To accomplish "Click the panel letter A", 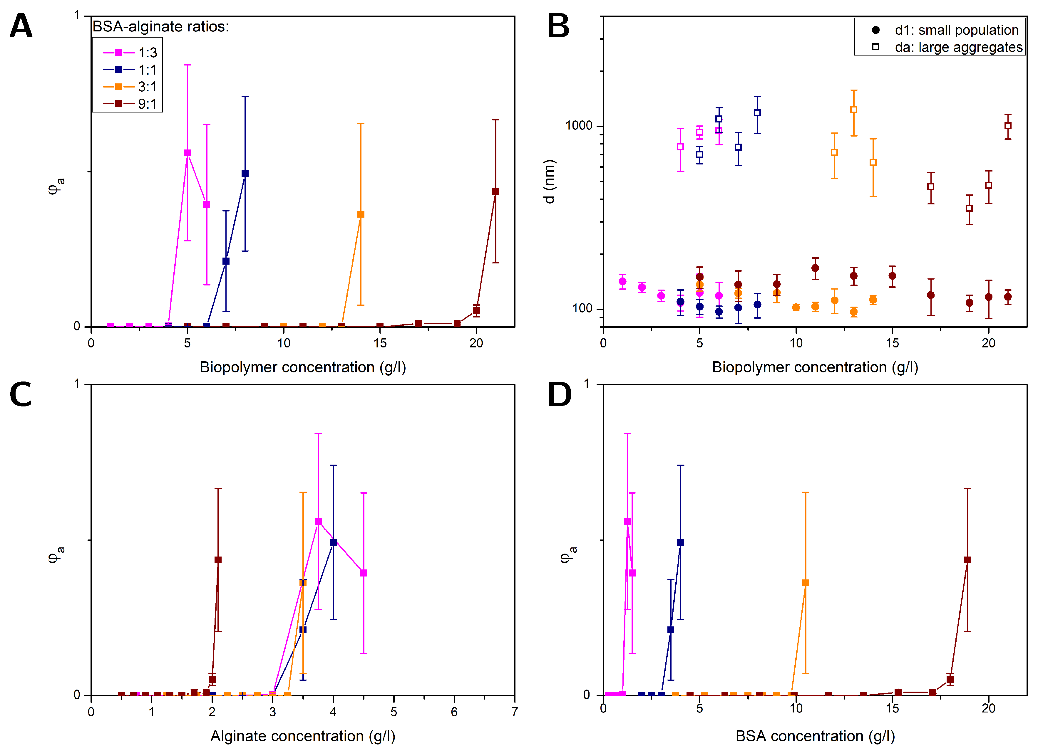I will (x=21, y=26).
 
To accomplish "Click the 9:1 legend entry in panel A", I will (x=130, y=104).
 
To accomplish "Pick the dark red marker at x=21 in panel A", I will (x=495, y=191).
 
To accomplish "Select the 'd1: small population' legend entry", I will (x=947, y=30).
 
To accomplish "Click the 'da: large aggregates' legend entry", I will (x=950, y=47).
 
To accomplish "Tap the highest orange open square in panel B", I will (x=853, y=110).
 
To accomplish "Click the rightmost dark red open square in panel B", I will (x=1007, y=126).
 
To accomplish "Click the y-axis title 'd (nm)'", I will (x=549, y=181).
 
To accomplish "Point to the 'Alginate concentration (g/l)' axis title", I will (x=302, y=736).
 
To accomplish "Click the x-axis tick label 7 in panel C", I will (x=514, y=712).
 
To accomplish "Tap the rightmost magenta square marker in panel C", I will (x=364, y=573).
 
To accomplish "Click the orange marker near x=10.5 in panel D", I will (x=806, y=583).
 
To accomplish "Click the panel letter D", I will (x=559, y=394).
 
